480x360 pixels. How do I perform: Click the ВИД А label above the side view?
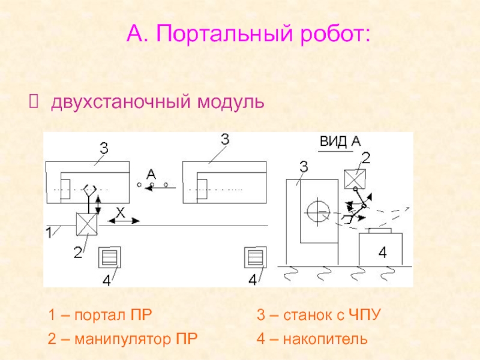(340, 142)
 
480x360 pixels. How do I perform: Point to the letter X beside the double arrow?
(121, 212)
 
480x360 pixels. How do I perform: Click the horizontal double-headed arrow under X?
(124, 221)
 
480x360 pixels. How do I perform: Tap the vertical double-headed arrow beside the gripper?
(98, 205)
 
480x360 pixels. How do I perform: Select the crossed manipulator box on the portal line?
(86, 224)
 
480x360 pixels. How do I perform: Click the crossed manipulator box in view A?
(355, 179)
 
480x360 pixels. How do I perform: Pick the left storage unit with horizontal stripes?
(109, 257)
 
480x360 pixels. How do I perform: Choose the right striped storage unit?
(256, 257)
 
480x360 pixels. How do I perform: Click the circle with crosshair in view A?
(318, 212)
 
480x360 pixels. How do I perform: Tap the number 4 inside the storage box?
(383, 253)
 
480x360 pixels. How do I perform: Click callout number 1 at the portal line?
(49, 233)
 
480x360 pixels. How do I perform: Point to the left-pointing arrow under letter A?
(160, 188)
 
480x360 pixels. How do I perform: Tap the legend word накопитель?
(325, 339)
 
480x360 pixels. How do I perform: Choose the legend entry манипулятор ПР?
(136, 339)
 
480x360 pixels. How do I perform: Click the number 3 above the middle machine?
(225, 140)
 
